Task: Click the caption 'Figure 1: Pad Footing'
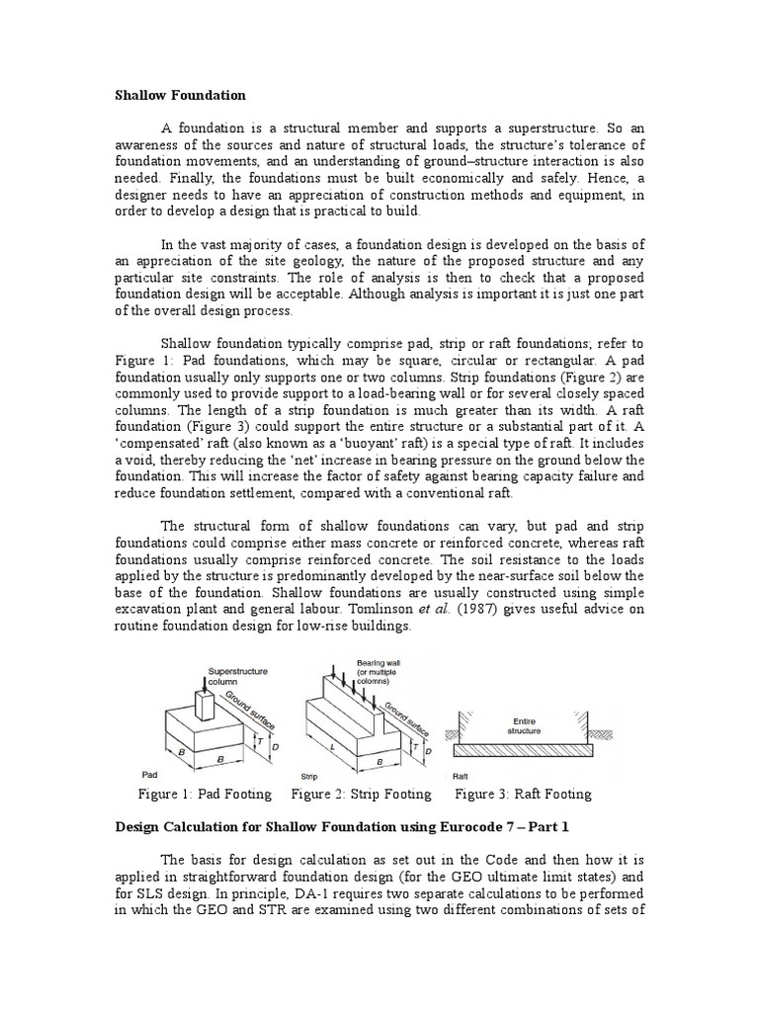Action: click(210, 794)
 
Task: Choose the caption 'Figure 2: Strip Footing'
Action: click(362, 794)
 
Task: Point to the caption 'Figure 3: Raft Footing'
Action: click(523, 794)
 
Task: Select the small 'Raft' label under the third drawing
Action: click(461, 776)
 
